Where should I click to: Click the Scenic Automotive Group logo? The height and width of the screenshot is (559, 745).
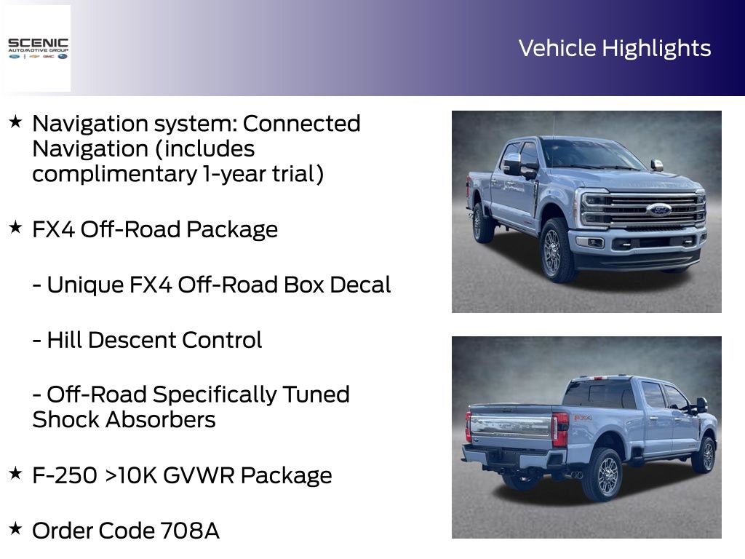(37, 48)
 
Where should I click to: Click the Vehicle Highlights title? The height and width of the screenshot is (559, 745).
(615, 48)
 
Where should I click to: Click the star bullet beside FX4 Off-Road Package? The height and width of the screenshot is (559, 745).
(15, 228)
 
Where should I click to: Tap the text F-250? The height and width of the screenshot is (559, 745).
(64, 475)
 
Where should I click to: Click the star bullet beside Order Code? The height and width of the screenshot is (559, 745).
(15, 528)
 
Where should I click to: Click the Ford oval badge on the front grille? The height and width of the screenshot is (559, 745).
(658, 210)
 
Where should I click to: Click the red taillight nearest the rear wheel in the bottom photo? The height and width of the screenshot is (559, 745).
(559, 429)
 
